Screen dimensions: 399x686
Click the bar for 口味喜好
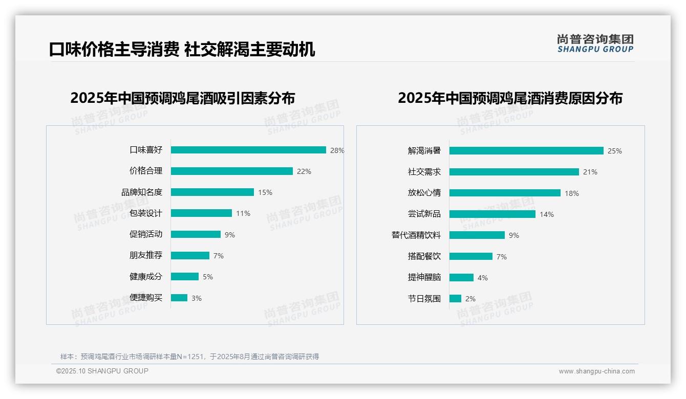coord(248,150)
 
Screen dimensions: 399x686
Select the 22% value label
coord(304,171)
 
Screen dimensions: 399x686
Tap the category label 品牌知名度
coord(142,192)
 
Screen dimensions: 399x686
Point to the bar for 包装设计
coord(201,213)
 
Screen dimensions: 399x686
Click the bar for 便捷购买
coord(179,298)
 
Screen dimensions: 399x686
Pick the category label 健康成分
coord(146,277)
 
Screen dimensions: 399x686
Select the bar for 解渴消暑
coord(526,151)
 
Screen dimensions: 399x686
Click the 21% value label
coord(590,172)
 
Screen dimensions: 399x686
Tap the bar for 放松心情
coord(505,193)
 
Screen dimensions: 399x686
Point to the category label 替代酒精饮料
coord(416,235)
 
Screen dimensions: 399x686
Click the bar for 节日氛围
coord(455,299)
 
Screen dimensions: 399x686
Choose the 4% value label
coord(483,278)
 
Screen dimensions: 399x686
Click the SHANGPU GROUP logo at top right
coord(595,43)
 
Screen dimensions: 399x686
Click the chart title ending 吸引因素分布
coord(183,98)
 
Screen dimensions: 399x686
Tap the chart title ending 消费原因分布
coord(510,98)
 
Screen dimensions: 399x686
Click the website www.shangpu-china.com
coord(596,371)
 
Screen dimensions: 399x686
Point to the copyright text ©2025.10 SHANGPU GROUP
coord(102,371)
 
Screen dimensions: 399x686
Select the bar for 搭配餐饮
coord(471,256)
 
